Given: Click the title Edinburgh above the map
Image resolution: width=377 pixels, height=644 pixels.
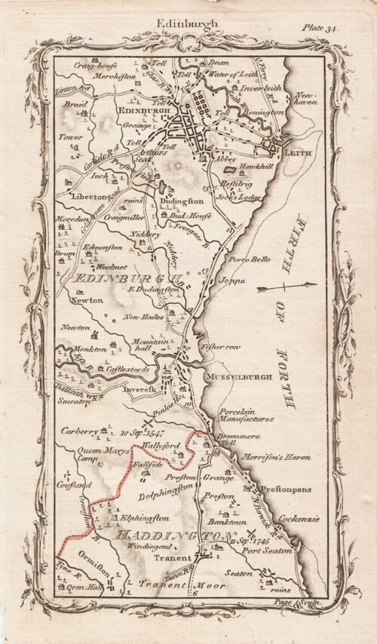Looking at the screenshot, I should tap(187, 23).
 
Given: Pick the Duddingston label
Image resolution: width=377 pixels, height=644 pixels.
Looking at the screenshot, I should tap(181, 202).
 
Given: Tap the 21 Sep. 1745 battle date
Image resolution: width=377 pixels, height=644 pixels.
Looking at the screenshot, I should tap(252, 541).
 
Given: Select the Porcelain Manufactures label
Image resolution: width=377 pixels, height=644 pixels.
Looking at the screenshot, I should tap(247, 415).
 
